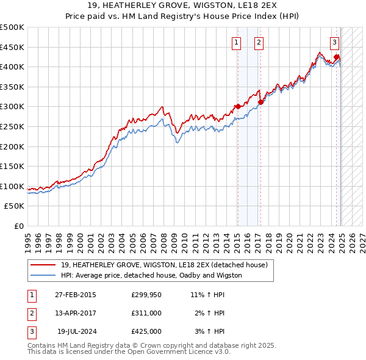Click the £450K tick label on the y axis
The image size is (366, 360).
12,47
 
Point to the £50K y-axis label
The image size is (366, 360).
15,206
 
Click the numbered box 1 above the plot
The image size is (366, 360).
236,42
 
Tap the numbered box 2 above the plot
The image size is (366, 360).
259,42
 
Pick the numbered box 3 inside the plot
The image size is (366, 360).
335,42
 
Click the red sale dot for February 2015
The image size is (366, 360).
237,106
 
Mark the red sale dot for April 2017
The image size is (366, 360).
260,102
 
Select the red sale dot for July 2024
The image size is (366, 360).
336,57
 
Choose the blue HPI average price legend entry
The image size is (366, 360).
151,275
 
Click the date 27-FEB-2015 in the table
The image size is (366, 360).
76,294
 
